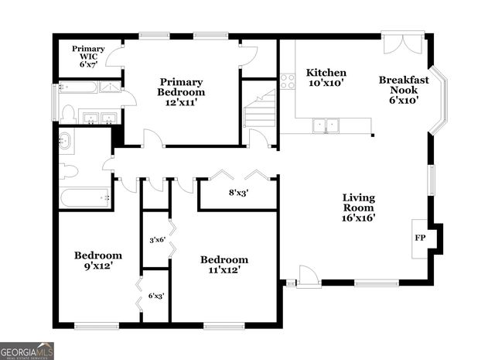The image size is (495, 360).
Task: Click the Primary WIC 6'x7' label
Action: coord(88,57)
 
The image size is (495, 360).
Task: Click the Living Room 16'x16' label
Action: coord(359,207)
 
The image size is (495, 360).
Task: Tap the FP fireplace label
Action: coord(421,238)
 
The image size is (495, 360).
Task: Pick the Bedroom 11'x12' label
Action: coord(224,265)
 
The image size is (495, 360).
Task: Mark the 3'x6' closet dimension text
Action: coord(157,240)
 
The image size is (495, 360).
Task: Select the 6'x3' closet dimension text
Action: coord(156,295)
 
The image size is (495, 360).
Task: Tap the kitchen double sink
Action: coord(326,124)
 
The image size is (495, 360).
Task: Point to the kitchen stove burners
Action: coord(287,81)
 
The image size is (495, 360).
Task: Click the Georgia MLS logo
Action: coord(27,351)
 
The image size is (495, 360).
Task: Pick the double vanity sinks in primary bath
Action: coord(98,118)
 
